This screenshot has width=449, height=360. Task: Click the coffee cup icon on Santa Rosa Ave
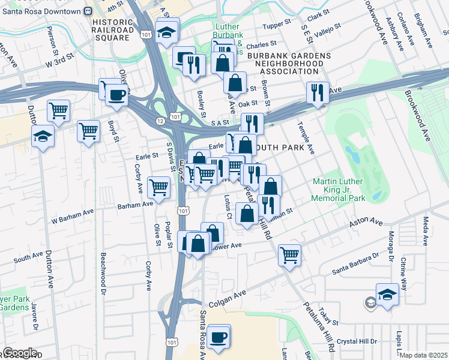pos(220,337)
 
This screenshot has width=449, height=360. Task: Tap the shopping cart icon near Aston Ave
pos(289,255)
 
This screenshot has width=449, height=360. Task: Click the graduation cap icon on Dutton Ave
pos(41,137)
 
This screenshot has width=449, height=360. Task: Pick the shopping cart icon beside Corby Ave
pos(159,187)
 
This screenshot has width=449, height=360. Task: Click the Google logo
pos(20,353)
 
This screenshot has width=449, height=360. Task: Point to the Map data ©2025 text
pos(424,355)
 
